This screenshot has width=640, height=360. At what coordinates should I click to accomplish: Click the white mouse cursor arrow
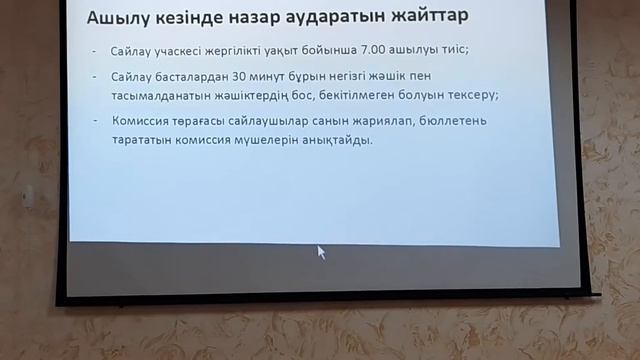(321, 252)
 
